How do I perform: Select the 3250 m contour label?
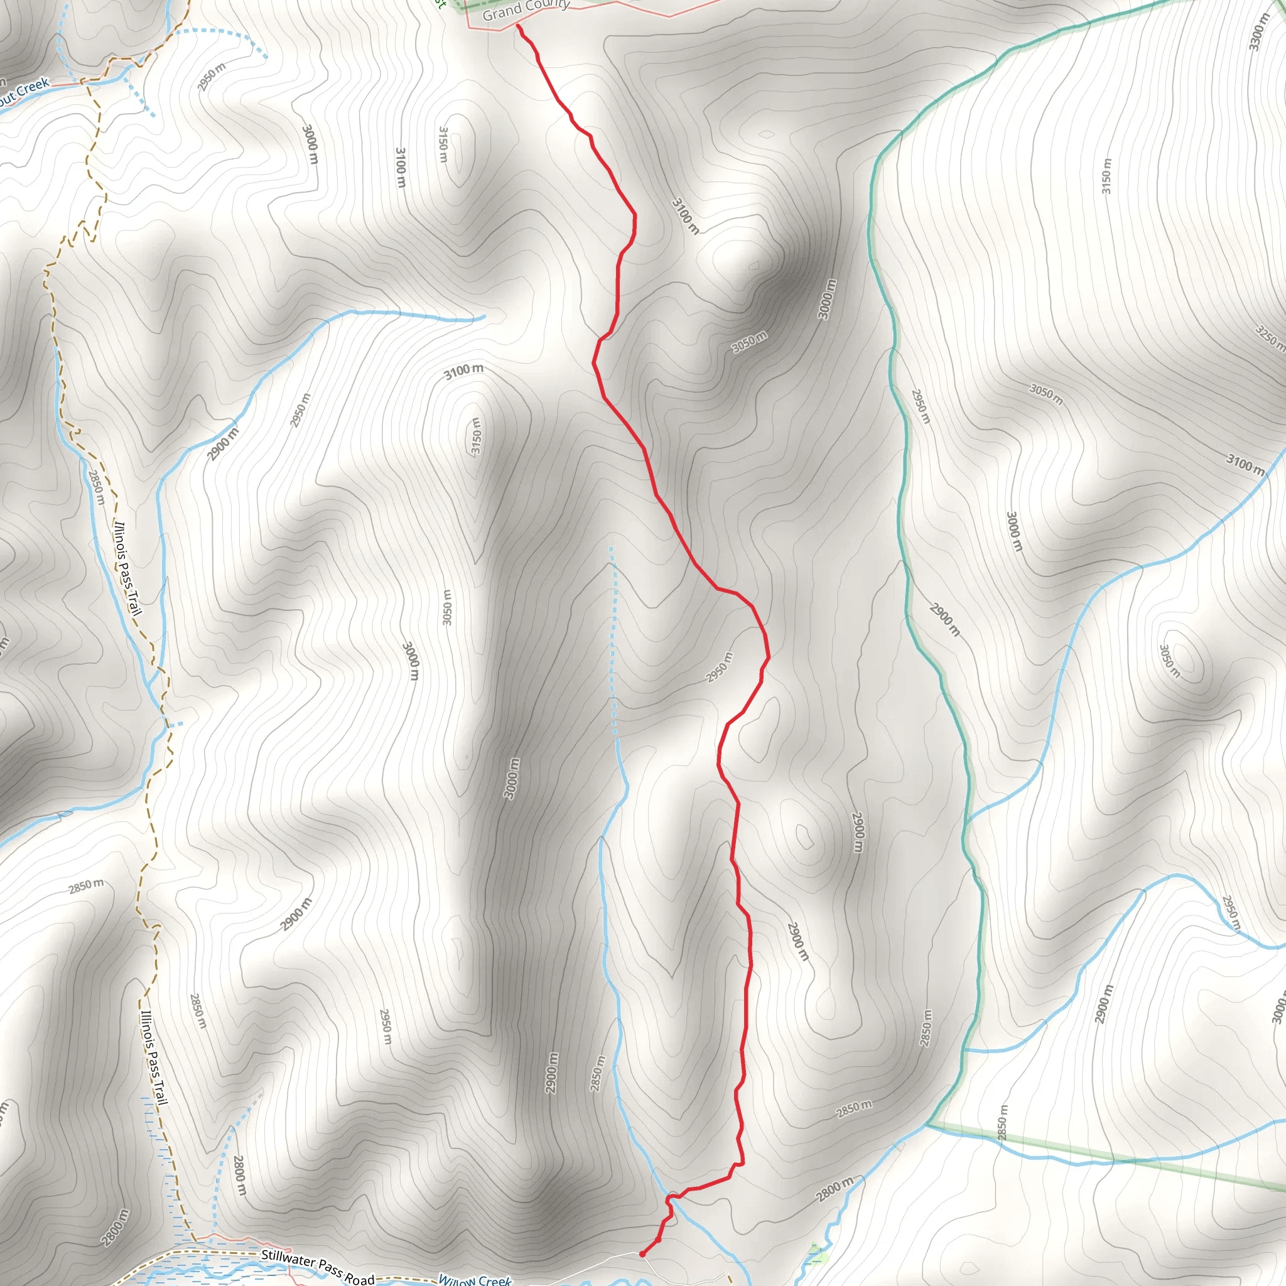point(1268,337)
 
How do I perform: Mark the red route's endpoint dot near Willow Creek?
point(642,1254)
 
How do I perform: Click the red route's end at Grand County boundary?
point(518,26)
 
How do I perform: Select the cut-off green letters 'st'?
point(439,3)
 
